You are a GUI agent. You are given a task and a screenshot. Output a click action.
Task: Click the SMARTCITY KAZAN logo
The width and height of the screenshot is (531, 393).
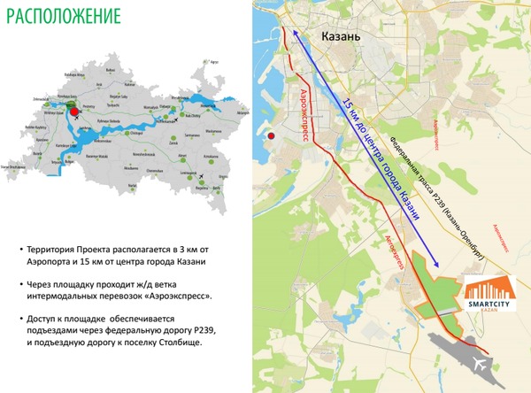point(489,294)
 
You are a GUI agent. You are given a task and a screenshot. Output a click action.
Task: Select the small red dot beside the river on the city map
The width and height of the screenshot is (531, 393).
point(273,136)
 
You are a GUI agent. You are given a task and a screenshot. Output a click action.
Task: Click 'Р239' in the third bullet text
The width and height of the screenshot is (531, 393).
point(204,330)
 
